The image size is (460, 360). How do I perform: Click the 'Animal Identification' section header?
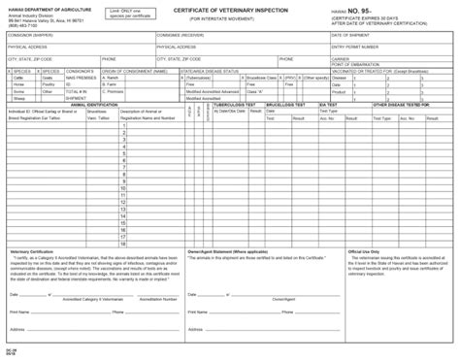pyautogui.click(x=96, y=103)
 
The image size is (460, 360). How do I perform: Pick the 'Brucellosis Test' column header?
pyautogui.click(x=285, y=103)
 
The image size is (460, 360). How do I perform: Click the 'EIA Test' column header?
pyautogui.click(x=330, y=103)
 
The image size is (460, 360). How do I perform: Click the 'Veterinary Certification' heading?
pyautogui.click(x=32, y=251)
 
